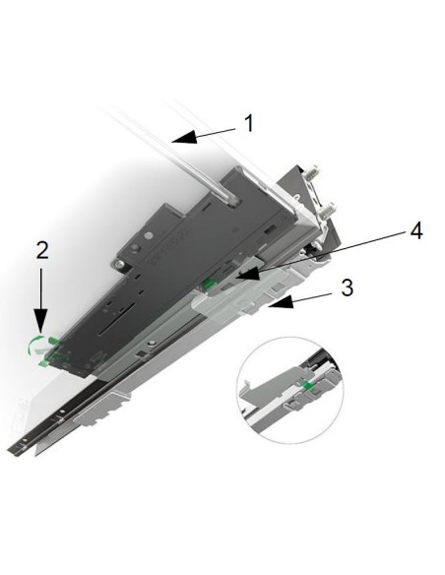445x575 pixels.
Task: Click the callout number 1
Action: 249,123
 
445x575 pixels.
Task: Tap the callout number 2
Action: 40,248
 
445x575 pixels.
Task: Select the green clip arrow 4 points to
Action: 210,287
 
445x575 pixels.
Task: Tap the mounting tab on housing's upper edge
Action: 126,264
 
